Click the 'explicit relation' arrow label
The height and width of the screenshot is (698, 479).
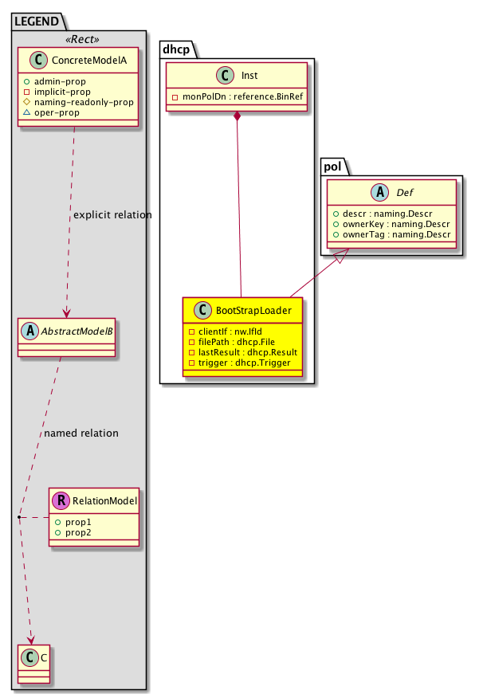[112, 215]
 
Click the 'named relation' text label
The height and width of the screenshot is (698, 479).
[81, 433]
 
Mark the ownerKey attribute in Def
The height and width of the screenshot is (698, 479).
[392, 225]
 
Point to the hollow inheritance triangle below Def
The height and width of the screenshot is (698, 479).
[340, 257]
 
